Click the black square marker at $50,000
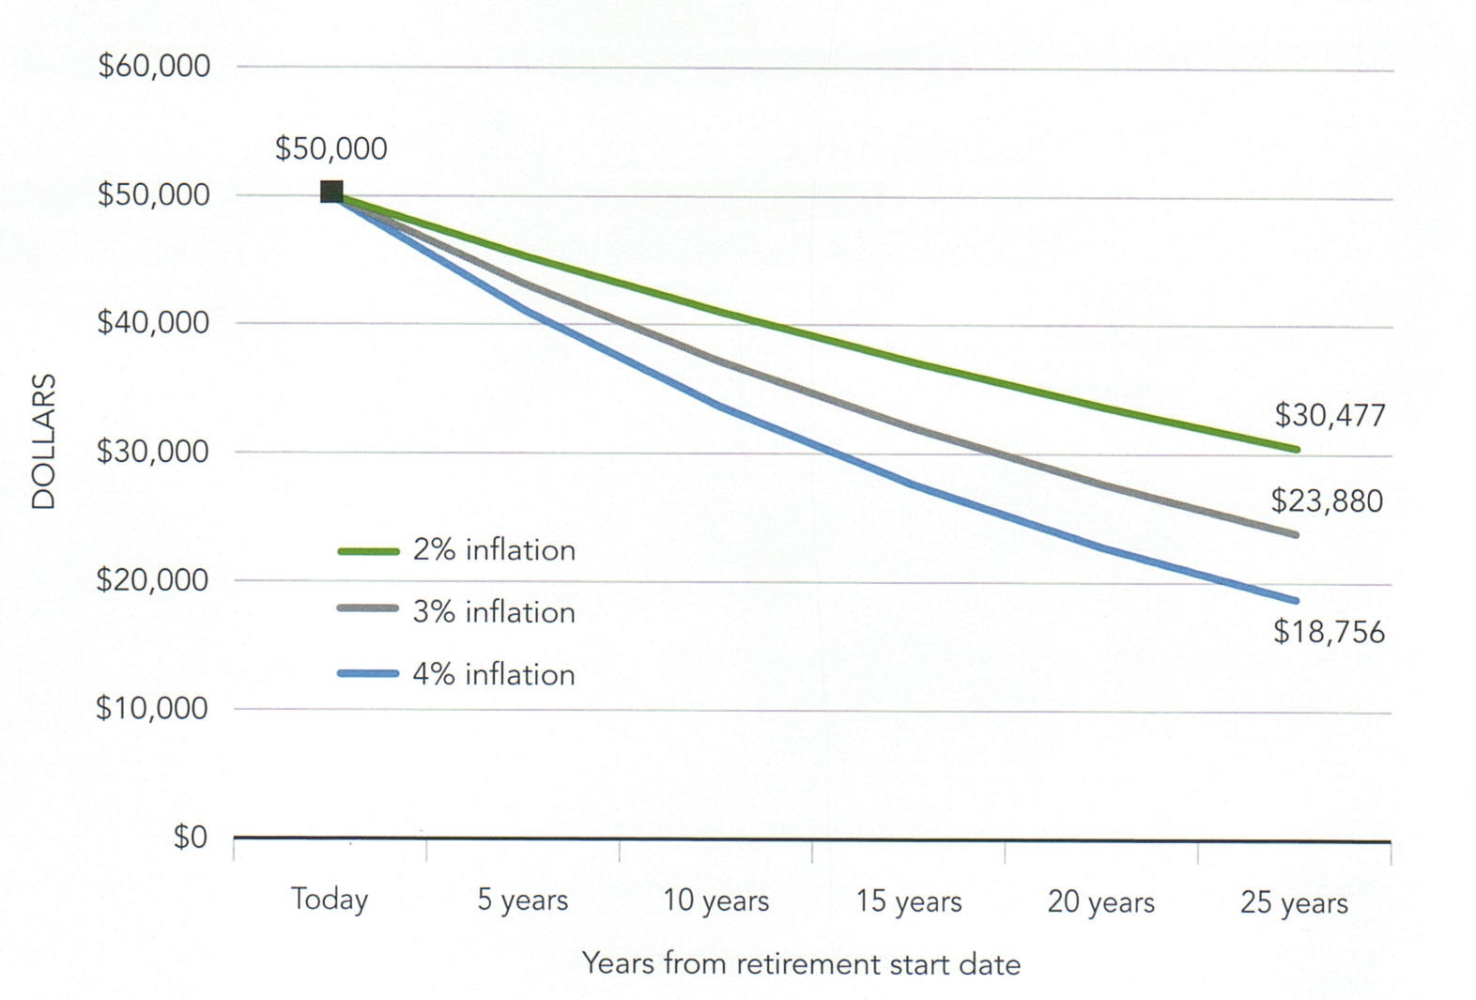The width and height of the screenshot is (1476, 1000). tap(331, 192)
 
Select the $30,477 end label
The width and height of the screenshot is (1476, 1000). tap(1330, 415)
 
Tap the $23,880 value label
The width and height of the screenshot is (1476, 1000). tap(1327, 500)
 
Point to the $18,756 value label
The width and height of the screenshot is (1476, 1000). tap(1329, 632)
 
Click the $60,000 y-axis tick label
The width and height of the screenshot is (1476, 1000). tap(154, 67)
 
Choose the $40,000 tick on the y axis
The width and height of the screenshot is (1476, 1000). tap(153, 323)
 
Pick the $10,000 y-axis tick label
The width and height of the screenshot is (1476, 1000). tap(152, 708)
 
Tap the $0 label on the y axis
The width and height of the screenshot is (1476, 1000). tap(190, 837)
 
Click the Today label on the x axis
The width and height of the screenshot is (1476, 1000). tap(330, 900)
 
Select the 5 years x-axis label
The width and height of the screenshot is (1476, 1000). tap(522, 900)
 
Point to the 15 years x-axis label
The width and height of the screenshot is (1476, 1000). tap(909, 901)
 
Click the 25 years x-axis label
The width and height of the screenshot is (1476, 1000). tap(1294, 902)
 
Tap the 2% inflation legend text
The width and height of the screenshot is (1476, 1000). tap(494, 550)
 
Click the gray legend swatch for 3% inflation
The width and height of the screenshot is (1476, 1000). tap(368, 608)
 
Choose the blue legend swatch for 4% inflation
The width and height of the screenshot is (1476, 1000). tap(368, 672)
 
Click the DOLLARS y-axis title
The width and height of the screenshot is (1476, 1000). tap(44, 441)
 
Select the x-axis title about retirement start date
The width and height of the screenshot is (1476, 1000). tap(801, 964)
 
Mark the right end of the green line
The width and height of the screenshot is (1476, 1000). tap(1296, 449)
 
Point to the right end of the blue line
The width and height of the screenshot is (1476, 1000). tap(1296, 600)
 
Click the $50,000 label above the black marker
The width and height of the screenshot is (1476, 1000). tap(331, 148)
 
